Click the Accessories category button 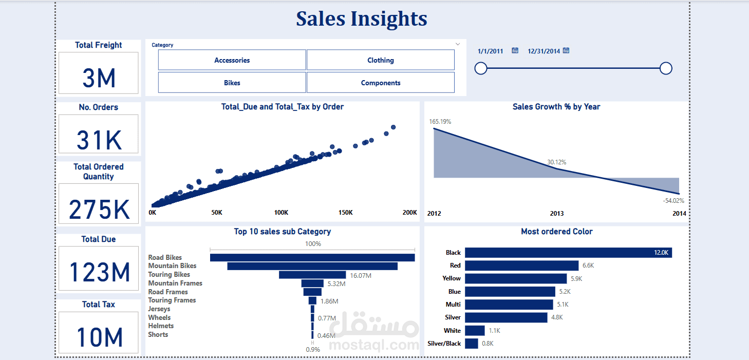click(x=232, y=60)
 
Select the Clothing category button click(x=380, y=60)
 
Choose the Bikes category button click(x=232, y=83)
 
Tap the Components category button click(x=380, y=83)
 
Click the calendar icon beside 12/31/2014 click(x=566, y=50)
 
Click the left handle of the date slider click(x=481, y=68)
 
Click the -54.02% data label click(x=673, y=201)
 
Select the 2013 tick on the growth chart click(x=557, y=213)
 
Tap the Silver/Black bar click(x=472, y=343)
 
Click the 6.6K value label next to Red click(x=588, y=266)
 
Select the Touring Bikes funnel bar click(x=312, y=275)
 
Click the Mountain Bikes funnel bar click(x=312, y=266)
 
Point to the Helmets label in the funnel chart click(x=161, y=326)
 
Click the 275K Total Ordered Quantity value click(x=99, y=210)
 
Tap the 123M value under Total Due click(x=99, y=272)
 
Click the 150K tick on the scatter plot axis click(x=345, y=212)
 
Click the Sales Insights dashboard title click(x=362, y=18)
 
